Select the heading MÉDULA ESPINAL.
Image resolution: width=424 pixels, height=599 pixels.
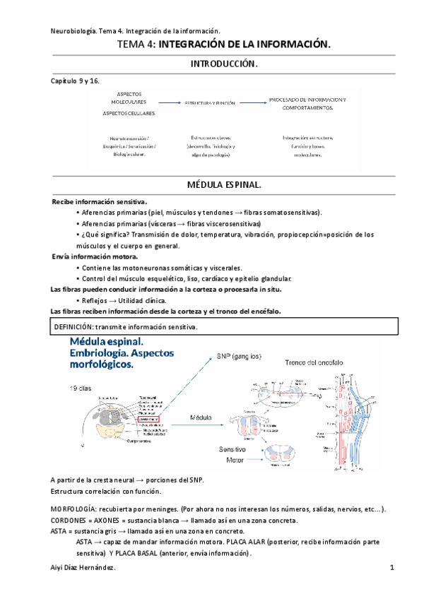tap(223, 185)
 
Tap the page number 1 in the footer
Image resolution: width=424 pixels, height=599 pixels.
tap(391, 568)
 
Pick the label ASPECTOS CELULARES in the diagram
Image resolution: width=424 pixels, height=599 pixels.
tap(129, 113)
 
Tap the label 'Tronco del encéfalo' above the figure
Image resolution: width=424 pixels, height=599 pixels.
tap(314, 362)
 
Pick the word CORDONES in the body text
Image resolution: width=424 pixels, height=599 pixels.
tap(70, 521)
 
